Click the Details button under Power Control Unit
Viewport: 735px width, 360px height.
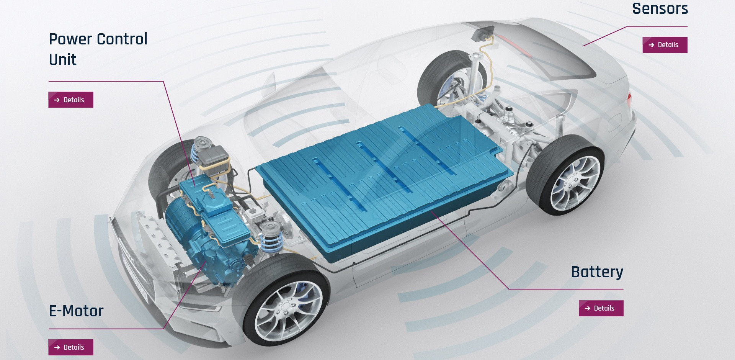tap(71, 100)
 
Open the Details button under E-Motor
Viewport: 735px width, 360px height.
tap(71, 347)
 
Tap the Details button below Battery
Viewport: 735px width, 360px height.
tap(601, 308)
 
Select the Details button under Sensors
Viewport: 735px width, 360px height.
tap(665, 45)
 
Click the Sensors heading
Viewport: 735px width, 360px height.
tap(660, 8)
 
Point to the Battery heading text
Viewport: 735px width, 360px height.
tap(597, 272)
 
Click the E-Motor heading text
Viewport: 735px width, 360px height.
tap(76, 311)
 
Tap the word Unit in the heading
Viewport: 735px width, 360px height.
tap(63, 60)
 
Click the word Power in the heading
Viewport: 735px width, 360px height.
tap(70, 39)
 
